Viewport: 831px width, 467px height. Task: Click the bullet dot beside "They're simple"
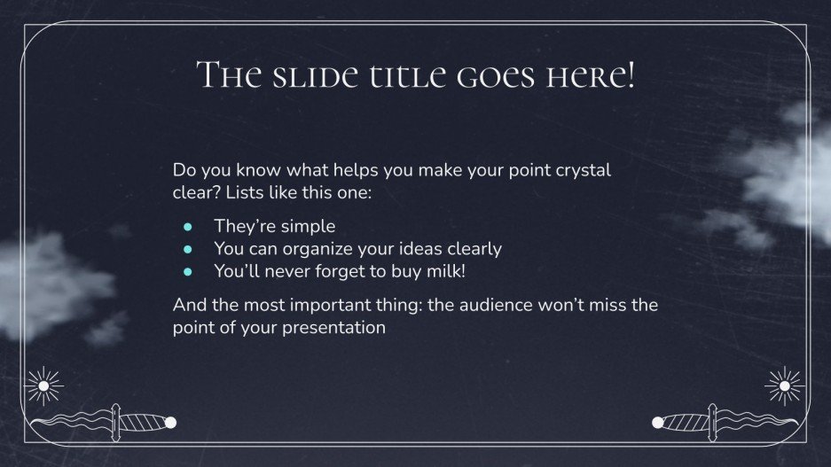point(187,227)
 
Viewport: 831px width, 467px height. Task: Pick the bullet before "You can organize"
point(187,249)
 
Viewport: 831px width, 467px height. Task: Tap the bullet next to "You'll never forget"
point(187,271)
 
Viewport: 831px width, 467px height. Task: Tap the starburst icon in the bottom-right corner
point(782,385)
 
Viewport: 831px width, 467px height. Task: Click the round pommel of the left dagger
point(171,422)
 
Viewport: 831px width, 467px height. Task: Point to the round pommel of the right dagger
point(658,422)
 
